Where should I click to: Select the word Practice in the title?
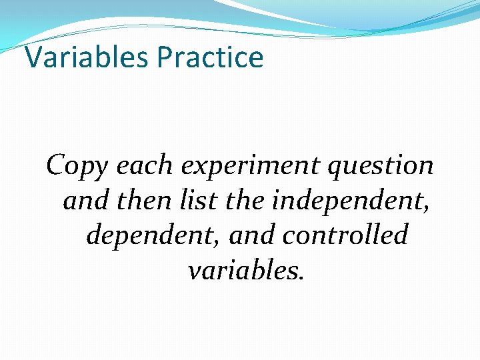click(x=211, y=57)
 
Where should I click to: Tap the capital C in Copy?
click(x=56, y=165)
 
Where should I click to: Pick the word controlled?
click(x=345, y=235)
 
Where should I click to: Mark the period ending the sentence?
click(x=301, y=277)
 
